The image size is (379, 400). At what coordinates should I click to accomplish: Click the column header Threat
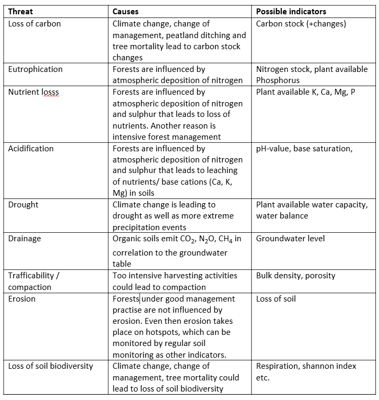21,12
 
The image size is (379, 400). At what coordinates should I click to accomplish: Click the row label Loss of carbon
34,23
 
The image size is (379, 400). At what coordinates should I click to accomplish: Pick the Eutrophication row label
35,69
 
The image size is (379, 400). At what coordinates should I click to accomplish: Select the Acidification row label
31,149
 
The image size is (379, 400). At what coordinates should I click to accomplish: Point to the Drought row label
23,205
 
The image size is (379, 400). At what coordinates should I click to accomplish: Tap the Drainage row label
24,239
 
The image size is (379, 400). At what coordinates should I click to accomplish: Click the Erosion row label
22,299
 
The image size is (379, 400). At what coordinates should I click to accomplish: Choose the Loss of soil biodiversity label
50,366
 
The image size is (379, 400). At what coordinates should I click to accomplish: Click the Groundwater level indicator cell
290,239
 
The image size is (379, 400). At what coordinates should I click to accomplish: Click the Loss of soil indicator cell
276,299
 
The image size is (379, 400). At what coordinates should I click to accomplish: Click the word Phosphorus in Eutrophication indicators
278,80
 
